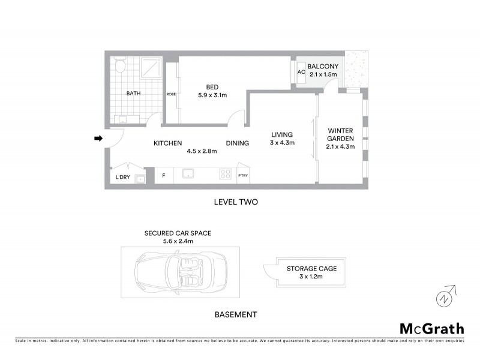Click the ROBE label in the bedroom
tap(171, 94)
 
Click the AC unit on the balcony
tap(302, 72)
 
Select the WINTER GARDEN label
tap(339, 139)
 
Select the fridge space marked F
tap(163, 176)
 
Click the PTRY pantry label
tap(243, 176)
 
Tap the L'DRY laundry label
tap(122, 178)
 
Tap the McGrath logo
tap(431, 328)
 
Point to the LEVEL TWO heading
tap(236, 202)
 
